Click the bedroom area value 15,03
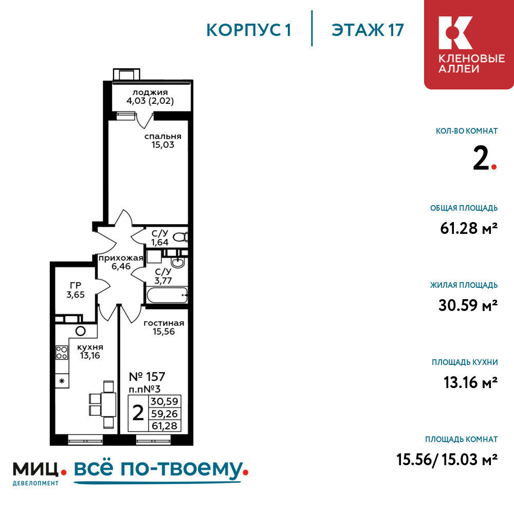point(162,145)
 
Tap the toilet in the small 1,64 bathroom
point(180,236)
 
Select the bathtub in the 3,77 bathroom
point(167,295)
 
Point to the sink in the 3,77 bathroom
point(178,263)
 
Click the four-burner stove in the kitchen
point(62,353)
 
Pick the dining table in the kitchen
point(108,405)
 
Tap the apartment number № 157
point(147,377)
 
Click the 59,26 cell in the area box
point(164,414)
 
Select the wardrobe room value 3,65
point(76,295)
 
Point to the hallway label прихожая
point(121,259)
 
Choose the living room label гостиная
point(164,323)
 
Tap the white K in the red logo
point(455,33)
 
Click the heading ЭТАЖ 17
point(368,30)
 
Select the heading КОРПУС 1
point(249,30)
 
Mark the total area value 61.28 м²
point(469,228)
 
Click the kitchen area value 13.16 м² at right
point(471,382)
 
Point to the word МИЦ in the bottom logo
point(35,469)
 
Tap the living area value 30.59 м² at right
point(468,305)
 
